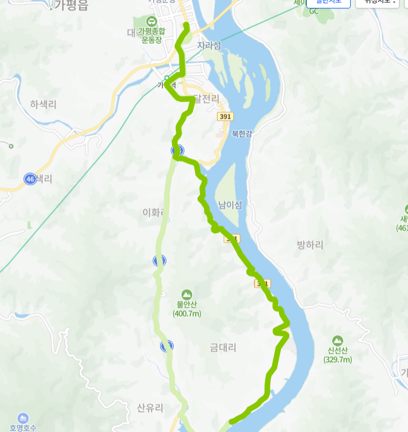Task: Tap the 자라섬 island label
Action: point(210,46)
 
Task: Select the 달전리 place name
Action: point(205,99)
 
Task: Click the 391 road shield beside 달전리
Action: point(225,116)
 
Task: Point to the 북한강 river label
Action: point(242,133)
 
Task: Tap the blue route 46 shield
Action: point(30,179)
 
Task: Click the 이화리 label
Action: point(153,212)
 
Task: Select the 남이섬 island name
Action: point(230,205)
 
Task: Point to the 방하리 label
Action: point(310,245)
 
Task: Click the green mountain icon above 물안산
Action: point(187,294)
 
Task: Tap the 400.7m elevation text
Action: point(187,313)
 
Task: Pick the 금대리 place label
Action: point(223,347)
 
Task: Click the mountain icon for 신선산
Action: point(337,340)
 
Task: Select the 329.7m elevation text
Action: point(337,360)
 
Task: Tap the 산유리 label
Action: point(150,408)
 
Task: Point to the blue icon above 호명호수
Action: point(23,418)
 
